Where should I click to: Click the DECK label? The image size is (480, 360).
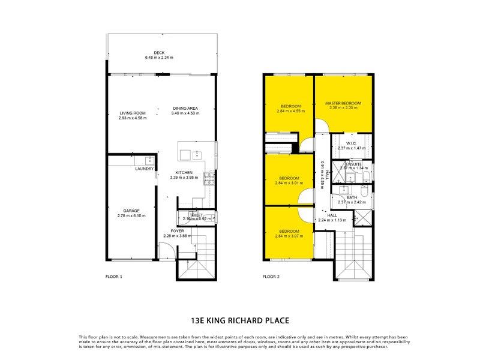(158, 53)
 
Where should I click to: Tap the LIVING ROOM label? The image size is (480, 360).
(133, 113)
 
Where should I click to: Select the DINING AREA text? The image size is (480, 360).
(184, 108)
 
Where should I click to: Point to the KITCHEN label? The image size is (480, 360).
(184, 172)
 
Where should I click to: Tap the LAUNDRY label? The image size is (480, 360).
(144, 169)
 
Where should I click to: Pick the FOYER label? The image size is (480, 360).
(177, 230)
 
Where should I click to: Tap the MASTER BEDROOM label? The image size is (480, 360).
(341, 103)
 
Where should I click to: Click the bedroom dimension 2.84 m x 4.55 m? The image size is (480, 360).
(290, 111)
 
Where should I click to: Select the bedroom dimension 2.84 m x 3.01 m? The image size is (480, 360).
(290, 183)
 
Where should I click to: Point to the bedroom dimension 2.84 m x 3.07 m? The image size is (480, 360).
(290, 236)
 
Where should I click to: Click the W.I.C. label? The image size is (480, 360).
(352, 143)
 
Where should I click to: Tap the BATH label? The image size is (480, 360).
(352, 197)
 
